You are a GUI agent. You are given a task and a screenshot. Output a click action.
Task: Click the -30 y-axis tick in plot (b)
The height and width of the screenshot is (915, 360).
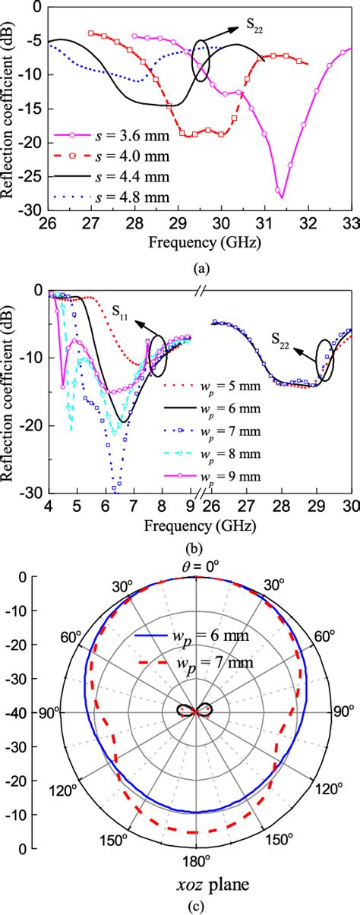[33, 493]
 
